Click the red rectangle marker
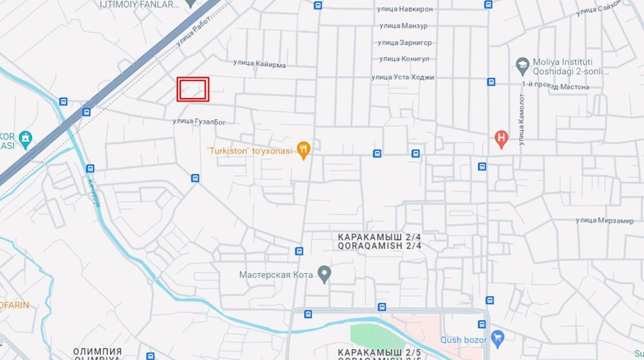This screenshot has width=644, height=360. (x=193, y=90)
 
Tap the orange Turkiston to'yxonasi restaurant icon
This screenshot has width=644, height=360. (x=305, y=150)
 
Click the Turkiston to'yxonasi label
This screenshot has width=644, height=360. (x=249, y=151)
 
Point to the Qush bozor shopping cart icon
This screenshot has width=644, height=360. (x=497, y=337)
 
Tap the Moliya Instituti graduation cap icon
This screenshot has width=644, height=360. (x=522, y=64)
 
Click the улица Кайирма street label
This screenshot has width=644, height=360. (x=260, y=64)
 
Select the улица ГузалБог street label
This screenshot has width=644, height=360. (x=199, y=121)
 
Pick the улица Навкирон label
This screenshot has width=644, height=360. (x=406, y=9)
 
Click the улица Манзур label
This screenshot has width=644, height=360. (x=403, y=26)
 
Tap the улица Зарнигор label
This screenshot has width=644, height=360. (x=405, y=43)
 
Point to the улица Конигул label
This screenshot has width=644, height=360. (x=404, y=59)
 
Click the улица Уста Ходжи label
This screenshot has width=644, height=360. (x=402, y=77)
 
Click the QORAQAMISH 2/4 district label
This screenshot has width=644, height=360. (x=379, y=246)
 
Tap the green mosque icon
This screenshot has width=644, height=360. (x=25, y=137)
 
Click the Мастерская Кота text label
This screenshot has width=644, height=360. (x=276, y=275)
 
